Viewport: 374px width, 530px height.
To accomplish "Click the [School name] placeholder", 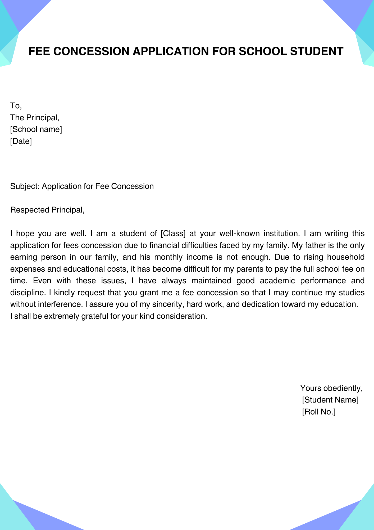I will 36,130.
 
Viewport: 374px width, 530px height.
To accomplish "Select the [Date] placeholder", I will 21,141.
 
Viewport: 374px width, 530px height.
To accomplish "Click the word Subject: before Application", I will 25,187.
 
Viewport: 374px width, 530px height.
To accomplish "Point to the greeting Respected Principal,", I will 47,210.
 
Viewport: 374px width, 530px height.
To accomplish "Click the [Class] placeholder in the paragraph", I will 173,234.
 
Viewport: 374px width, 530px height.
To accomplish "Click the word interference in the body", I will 59,304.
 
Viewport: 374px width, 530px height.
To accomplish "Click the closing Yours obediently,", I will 331,388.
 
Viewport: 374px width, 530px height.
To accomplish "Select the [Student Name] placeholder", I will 330,400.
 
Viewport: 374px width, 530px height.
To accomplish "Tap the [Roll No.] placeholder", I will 319,412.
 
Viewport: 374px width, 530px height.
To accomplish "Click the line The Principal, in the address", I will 35,118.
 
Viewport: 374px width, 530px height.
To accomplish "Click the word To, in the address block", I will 16,106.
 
